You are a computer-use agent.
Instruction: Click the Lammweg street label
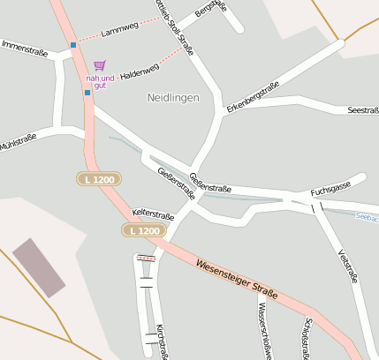pos(119,28)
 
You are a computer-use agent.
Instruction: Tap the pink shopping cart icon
pos(99,66)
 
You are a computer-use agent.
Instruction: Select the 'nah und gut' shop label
pos(100,80)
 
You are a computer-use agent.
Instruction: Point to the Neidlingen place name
pos(173,97)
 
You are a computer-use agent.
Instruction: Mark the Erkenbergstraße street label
pos(253,96)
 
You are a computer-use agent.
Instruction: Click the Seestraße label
pos(363,110)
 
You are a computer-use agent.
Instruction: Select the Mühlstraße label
pos(18,141)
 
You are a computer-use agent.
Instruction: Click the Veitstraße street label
pos(347,265)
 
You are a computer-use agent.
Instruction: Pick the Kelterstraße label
pos(153,214)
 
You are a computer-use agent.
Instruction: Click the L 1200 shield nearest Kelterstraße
pos(143,230)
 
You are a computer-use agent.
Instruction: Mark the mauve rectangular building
pos(39,266)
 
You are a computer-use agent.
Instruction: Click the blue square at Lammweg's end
pos(72,44)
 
